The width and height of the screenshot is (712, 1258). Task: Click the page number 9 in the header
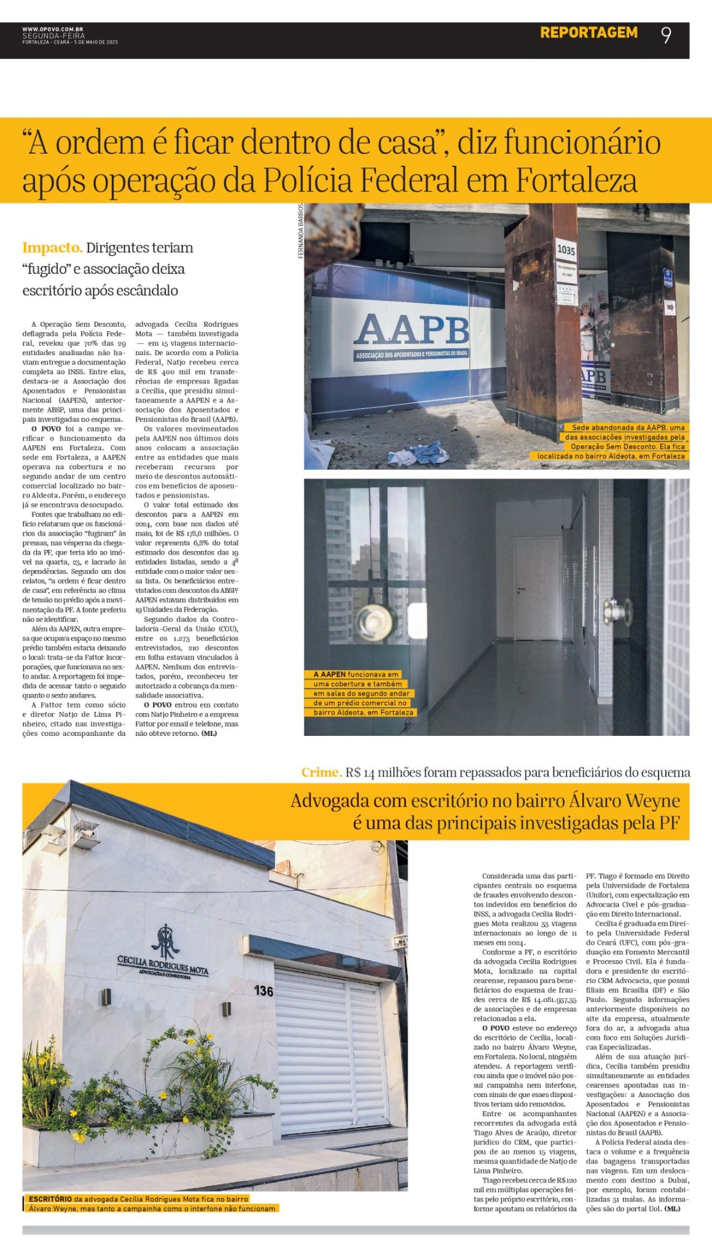click(x=666, y=35)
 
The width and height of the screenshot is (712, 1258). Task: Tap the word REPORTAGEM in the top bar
click(x=589, y=33)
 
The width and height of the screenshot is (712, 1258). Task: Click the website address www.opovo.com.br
click(x=53, y=29)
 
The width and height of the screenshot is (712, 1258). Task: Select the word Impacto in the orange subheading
click(x=52, y=248)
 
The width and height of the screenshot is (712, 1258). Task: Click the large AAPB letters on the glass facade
click(x=411, y=330)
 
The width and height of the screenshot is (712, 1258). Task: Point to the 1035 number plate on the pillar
click(x=565, y=250)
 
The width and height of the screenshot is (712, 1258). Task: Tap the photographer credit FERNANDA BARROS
click(x=300, y=231)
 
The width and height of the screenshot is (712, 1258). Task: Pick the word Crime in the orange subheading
click(x=321, y=772)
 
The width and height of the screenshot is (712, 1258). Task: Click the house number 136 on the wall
click(x=264, y=991)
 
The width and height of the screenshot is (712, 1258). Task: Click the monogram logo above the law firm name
click(x=164, y=941)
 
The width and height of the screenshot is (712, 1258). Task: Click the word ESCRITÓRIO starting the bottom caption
click(x=50, y=1198)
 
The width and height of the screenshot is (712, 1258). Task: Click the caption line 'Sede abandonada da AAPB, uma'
click(x=628, y=428)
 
